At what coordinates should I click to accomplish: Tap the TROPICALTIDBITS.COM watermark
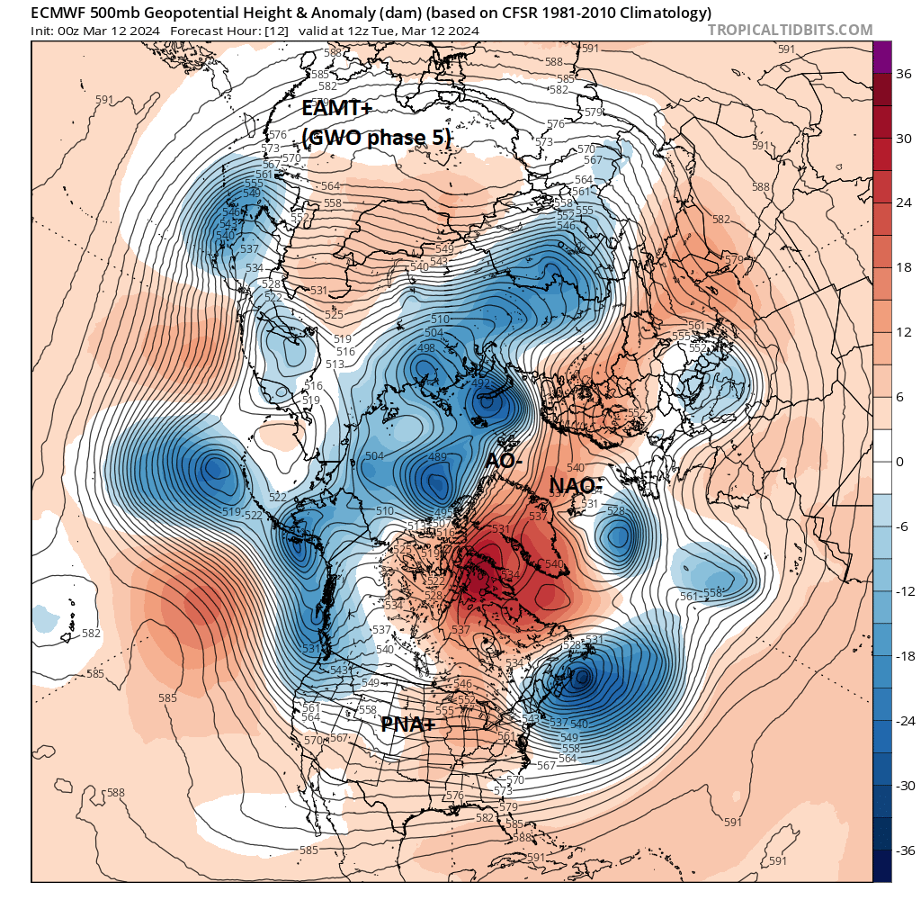[x=790, y=30]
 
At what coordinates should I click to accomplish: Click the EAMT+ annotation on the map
[x=336, y=110]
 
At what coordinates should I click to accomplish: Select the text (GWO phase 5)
[x=376, y=138]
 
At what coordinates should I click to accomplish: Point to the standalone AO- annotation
[x=505, y=460]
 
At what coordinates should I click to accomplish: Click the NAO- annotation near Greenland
[x=577, y=486]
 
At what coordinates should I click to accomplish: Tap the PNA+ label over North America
[x=409, y=724]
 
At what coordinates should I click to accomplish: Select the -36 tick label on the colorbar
[x=902, y=850]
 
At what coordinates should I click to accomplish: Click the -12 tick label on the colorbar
[x=902, y=591]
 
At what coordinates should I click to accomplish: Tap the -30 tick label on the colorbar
[x=902, y=785]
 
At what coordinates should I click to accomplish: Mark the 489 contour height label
[x=437, y=457]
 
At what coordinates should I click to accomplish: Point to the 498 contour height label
[x=426, y=348]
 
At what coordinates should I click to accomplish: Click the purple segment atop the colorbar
[x=882, y=53]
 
